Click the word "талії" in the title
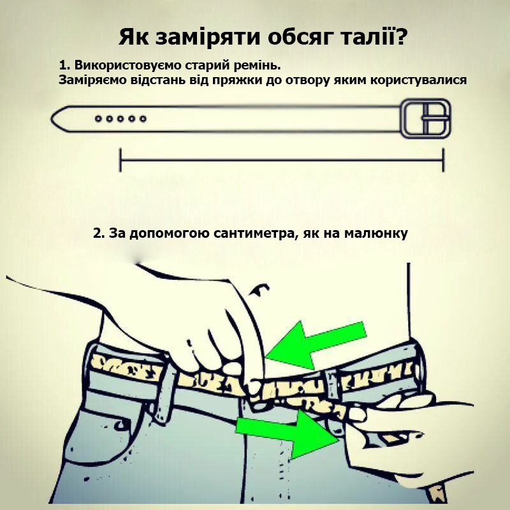click(363, 37)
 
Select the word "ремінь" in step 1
click(256, 66)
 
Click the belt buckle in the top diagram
click(425, 119)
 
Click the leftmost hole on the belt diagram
click(98, 119)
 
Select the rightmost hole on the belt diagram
click(143, 119)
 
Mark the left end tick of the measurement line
click(120, 160)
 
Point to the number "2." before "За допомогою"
click(99, 233)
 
